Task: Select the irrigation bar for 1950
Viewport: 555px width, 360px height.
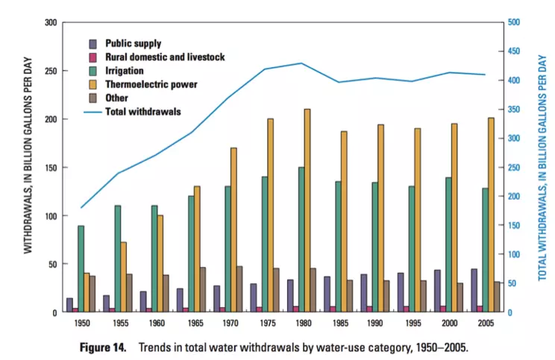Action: click(x=81, y=269)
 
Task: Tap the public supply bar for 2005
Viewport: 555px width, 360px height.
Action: click(x=474, y=291)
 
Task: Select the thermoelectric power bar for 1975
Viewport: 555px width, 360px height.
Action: click(x=271, y=215)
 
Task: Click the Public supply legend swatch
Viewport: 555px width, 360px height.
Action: click(x=92, y=43)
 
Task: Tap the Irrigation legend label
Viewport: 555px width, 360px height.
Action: click(x=126, y=71)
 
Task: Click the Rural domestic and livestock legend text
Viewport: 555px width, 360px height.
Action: click(x=164, y=57)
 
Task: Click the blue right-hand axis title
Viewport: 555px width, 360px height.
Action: click(x=542, y=168)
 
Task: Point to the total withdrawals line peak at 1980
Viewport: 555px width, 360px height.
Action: click(x=301, y=63)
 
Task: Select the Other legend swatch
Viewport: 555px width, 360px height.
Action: click(x=92, y=98)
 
